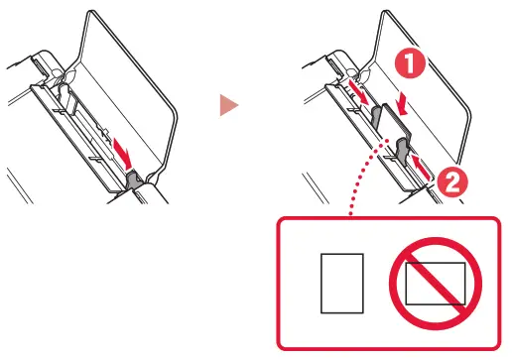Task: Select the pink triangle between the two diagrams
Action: point(228,103)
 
